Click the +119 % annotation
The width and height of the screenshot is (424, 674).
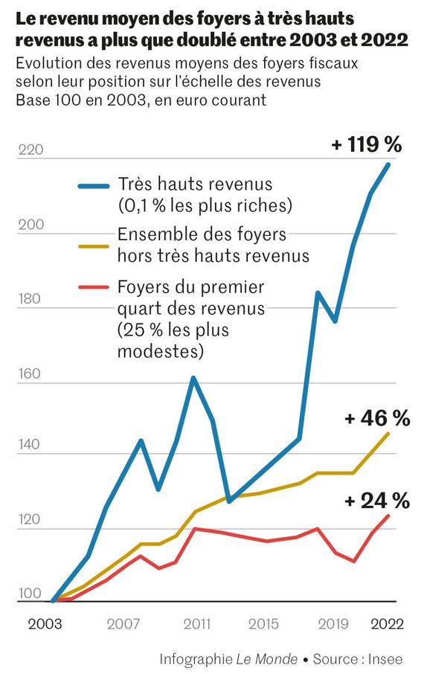click(365, 144)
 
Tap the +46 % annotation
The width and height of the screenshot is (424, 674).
click(377, 419)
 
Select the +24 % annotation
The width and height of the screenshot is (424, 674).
click(377, 501)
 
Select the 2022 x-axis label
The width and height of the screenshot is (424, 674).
click(387, 625)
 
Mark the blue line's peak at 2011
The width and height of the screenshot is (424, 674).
click(193, 378)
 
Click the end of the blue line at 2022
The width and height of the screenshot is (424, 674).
click(388, 164)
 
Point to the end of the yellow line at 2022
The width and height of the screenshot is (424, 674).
click(388, 434)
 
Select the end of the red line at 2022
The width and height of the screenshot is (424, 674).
click(388, 516)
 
